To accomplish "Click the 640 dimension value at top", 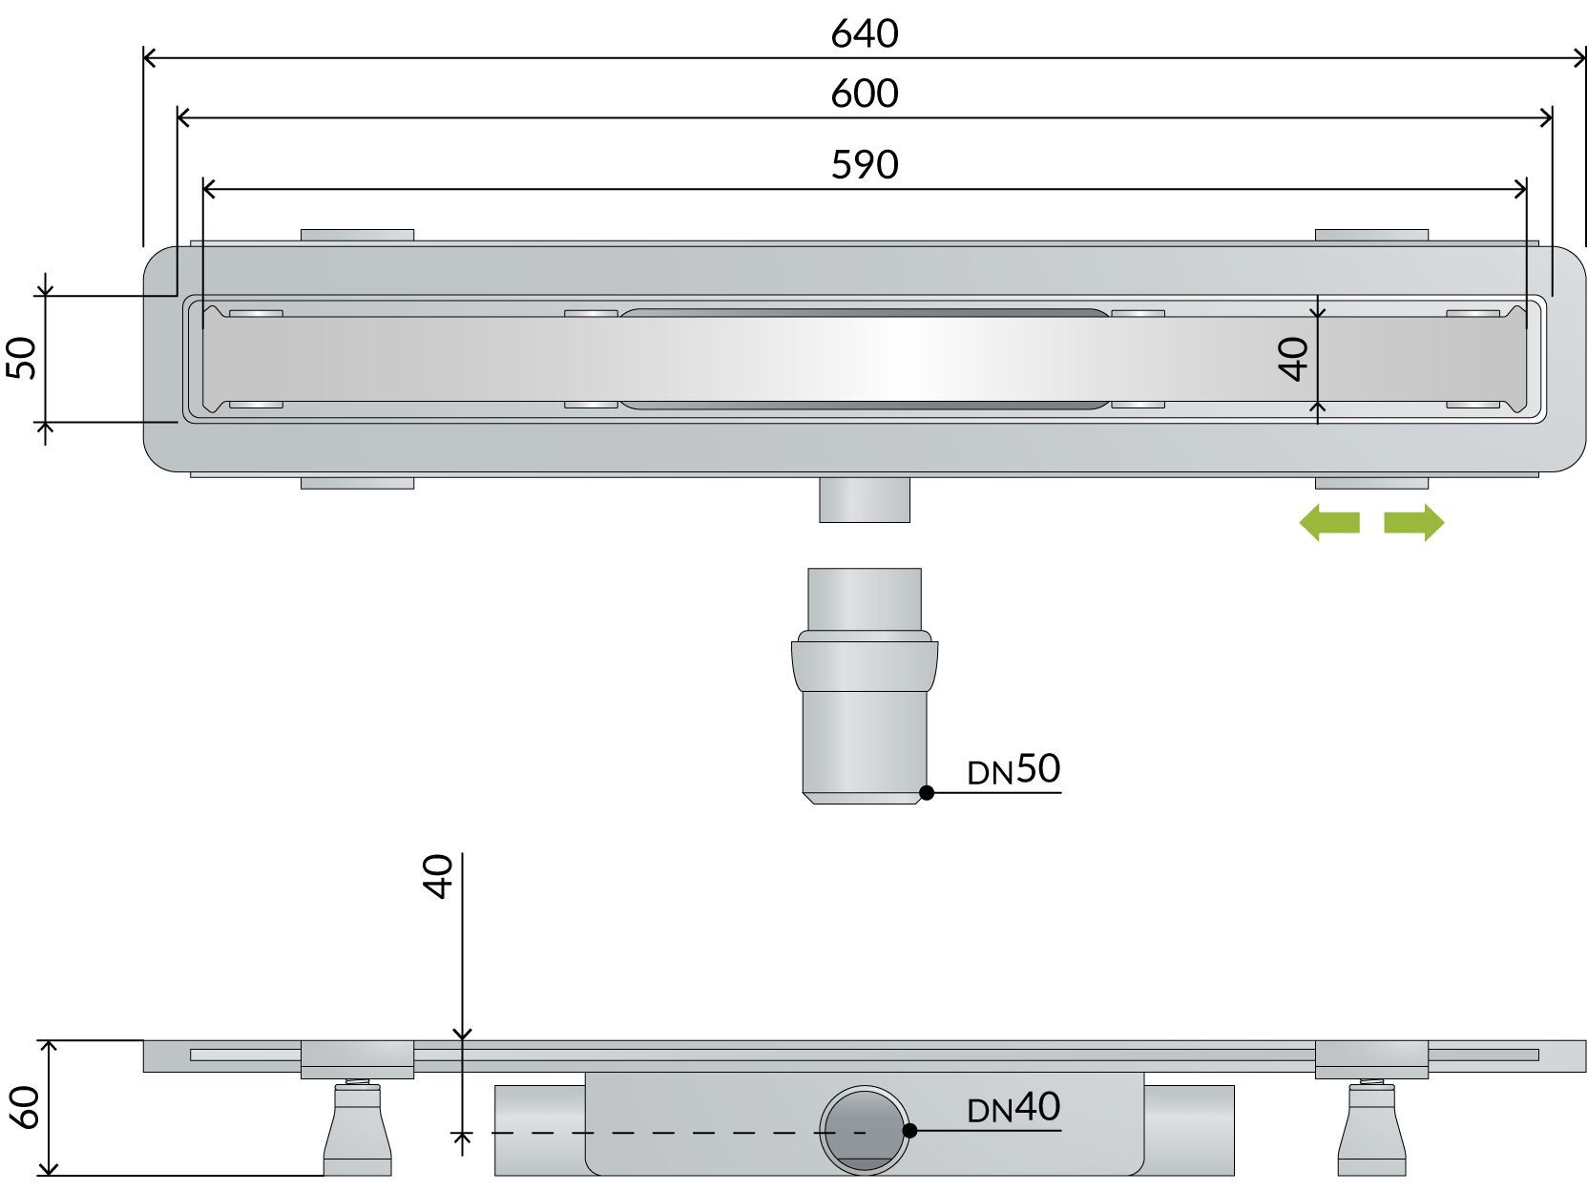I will click(x=864, y=34).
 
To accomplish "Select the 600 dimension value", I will click(x=864, y=94).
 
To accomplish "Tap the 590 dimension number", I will click(x=864, y=165).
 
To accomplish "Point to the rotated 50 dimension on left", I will click(x=23, y=359).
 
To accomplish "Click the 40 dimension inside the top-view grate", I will click(x=1294, y=360).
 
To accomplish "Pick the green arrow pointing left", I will click(x=1329, y=522).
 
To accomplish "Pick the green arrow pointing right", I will click(x=1414, y=522).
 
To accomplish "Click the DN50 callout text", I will click(x=1013, y=769).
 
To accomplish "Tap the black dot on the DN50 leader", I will click(x=926, y=792).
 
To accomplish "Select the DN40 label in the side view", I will click(x=1013, y=1108).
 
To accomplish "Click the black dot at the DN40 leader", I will click(x=909, y=1130).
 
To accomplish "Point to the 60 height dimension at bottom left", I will click(x=24, y=1108).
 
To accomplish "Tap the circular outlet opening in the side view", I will click(x=865, y=1132).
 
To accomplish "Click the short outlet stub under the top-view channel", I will click(x=865, y=500).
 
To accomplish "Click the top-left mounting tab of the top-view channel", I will click(x=357, y=235).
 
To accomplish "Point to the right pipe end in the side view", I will click(x=1188, y=1130).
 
